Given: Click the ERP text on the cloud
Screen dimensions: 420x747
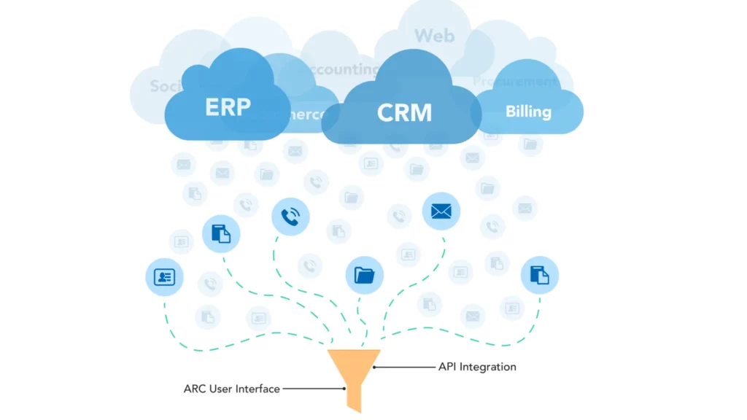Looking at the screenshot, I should tap(228, 106).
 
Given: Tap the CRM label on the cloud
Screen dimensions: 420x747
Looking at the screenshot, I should tap(404, 113).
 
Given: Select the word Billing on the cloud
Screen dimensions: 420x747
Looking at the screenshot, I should tap(528, 112).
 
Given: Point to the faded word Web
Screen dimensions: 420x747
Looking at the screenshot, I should tap(434, 35).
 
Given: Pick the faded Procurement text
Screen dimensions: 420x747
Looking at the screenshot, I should tap(514, 82).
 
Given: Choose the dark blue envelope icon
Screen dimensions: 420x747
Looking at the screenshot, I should tap(441, 211).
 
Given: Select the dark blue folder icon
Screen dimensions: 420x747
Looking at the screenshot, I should tap(364, 275).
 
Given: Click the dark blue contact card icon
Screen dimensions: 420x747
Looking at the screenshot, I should tap(164, 277).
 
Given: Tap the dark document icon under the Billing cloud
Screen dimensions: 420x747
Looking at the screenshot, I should tap(539, 275).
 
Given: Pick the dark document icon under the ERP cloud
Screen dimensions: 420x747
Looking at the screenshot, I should tap(220, 234).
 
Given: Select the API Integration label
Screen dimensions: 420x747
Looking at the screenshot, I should tap(476, 367).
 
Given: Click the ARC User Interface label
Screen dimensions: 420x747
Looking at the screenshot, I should tap(231, 389).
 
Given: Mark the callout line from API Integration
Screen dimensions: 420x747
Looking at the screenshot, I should tap(404, 367).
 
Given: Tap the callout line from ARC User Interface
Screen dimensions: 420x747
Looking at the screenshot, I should tap(314, 389).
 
